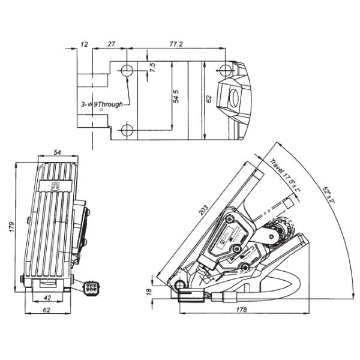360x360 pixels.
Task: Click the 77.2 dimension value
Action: (175, 44)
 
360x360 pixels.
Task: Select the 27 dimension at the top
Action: (112, 44)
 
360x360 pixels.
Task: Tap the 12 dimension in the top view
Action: (84, 44)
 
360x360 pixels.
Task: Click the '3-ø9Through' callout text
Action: (102, 104)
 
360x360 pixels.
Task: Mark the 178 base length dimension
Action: (242, 310)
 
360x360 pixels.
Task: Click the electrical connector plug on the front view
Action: (92, 289)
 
